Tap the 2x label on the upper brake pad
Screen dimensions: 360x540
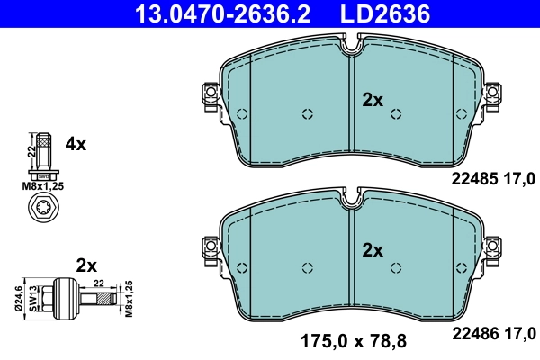click(x=372, y=101)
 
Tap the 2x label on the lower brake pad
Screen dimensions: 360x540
click(x=372, y=249)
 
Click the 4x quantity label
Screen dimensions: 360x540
click(x=76, y=143)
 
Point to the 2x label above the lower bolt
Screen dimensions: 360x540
click(x=86, y=265)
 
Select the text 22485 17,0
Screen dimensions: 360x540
click(x=492, y=178)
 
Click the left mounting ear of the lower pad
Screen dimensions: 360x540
click(x=211, y=246)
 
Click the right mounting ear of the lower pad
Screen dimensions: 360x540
click(x=494, y=246)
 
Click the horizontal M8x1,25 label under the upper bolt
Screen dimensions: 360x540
click(x=43, y=185)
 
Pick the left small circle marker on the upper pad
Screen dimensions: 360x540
click(x=308, y=114)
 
